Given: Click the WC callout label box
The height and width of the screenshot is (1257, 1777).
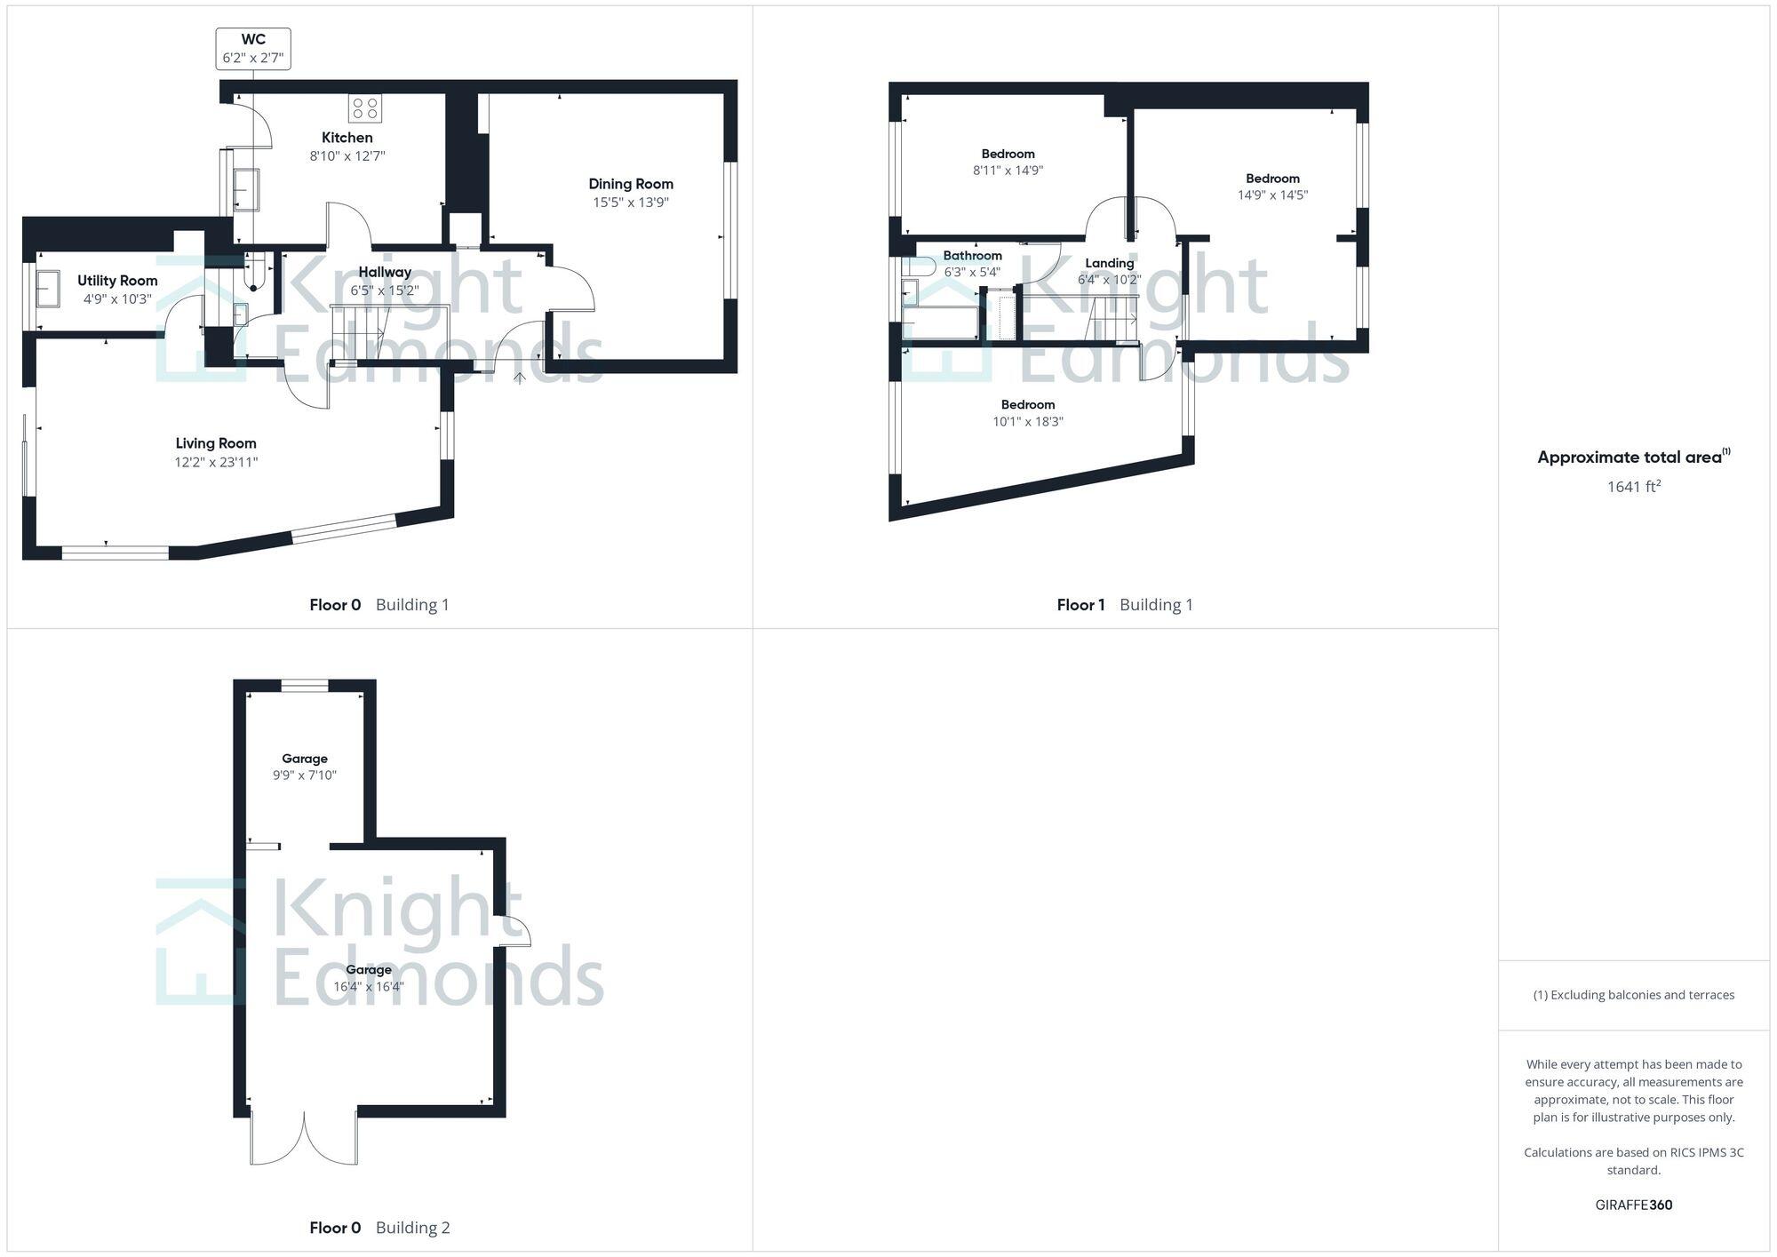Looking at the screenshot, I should (253, 49).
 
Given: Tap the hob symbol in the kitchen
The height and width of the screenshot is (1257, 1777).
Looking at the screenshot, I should (364, 108).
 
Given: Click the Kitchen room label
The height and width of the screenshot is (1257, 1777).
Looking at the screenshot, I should (347, 138).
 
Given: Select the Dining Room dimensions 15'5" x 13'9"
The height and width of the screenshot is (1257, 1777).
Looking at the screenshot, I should (631, 203).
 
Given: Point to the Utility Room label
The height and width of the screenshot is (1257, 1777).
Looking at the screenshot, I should (117, 281).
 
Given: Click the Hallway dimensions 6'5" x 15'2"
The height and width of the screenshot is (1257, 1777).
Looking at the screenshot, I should (384, 290).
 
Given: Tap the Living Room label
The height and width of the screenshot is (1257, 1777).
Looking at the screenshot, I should (216, 443).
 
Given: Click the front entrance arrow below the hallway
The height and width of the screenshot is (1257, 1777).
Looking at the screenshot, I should (520, 378).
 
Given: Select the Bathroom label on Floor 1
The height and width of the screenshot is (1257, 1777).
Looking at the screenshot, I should (972, 256).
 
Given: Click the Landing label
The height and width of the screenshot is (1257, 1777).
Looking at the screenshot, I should (1109, 263).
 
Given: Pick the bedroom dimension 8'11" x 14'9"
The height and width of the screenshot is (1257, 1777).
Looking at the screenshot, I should (1008, 171).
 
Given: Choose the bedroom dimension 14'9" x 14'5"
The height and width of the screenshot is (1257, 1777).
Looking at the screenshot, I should (1272, 195).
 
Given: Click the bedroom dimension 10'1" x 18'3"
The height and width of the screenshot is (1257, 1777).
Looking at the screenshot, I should (1028, 422).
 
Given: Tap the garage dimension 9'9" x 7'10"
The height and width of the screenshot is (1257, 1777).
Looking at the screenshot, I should (305, 776).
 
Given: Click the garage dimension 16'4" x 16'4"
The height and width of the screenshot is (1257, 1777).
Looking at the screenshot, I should (369, 986).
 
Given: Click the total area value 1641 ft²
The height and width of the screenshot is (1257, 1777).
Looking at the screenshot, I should (1633, 487).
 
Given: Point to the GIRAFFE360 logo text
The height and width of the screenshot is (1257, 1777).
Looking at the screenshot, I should (1633, 1205).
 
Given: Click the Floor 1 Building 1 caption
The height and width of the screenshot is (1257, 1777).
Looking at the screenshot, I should (1124, 605).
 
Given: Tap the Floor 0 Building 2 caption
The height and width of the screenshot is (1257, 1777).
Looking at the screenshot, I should (379, 1228).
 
